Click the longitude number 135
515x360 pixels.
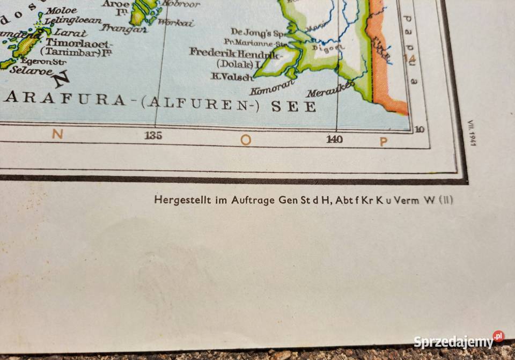click(153, 136)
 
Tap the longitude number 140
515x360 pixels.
click(334, 140)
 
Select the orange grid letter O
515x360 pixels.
click(246, 141)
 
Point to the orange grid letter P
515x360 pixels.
click(384, 142)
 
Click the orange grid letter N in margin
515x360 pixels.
click(57, 134)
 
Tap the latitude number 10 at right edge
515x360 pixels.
click(420, 129)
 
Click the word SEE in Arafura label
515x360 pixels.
click(293, 106)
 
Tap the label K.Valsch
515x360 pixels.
click(231, 77)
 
